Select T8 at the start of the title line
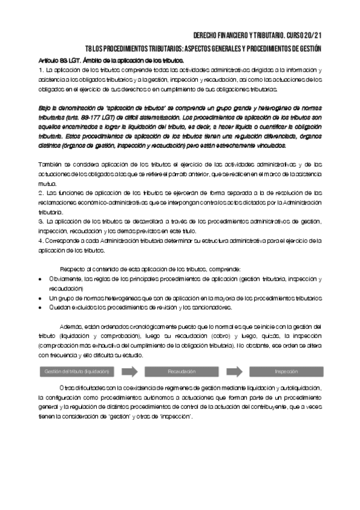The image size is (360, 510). click(x=90, y=49)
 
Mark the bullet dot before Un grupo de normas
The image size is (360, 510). click(x=40, y=298)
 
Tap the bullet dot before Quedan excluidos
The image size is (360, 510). click(x=40, y=308)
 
